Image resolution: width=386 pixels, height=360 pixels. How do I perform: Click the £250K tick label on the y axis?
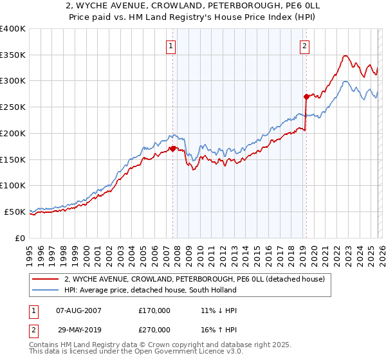[13, 107]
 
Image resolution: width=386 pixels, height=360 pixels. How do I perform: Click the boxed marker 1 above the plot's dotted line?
[171, 46]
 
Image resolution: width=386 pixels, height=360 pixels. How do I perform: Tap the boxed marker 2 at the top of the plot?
[304, 46]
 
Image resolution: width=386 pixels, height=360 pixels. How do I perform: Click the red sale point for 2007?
[172, 148]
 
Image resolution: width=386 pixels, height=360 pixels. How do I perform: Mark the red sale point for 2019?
[306, 96]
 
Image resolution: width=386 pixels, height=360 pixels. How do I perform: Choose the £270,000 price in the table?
[154, 329]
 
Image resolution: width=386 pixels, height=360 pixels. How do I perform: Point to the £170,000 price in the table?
[154, 310]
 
